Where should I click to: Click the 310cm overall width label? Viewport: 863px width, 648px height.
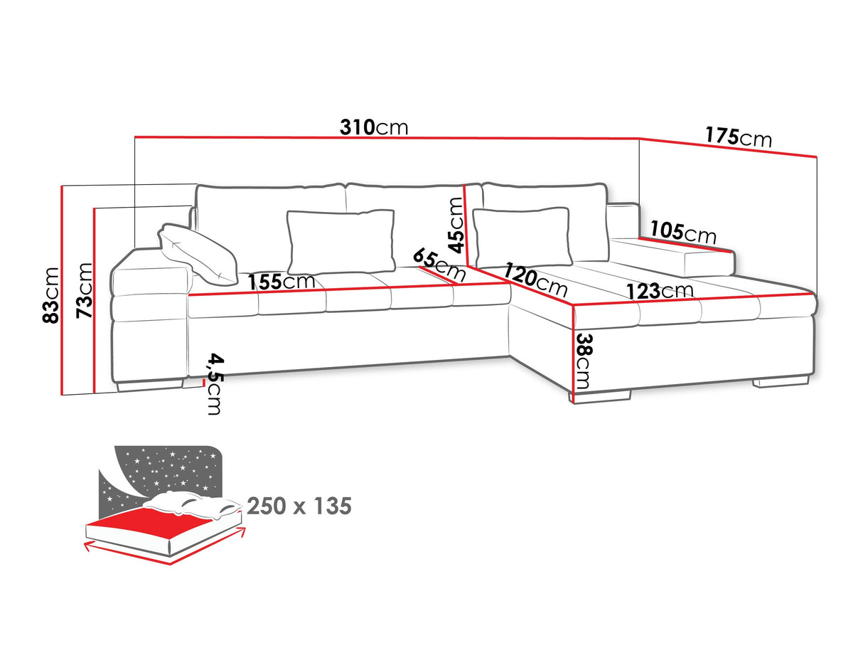pyautogui.click(x=374, y=127)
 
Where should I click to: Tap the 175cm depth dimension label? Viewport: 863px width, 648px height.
pyautogui.click(x=738, y=136)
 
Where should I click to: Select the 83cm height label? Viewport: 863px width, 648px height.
pyautogui.click(x=51, y=295)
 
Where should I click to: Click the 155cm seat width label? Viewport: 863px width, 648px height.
pyautogui.click(x=282, y=282)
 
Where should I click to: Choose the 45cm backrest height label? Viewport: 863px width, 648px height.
pyautogui.click(x=456, y=225)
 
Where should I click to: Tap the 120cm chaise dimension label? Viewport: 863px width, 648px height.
pyautogui.click(x=536, y=280)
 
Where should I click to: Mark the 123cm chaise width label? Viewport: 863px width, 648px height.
pyautogui.click(x=659, y=290)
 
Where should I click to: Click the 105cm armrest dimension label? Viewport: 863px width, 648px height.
pyautogui.click(x=683, y=232)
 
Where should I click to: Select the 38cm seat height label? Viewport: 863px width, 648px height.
pyautogui.click(x=583, y=361)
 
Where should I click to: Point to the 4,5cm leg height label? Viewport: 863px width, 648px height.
pyautogui.click(x=213, y=383)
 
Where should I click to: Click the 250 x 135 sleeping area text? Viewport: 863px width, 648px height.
pyautogui.click(x=299, y=506)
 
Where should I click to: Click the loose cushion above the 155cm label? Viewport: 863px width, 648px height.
pyautogui.click(x=341, y=239)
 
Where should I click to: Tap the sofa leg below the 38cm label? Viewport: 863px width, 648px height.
pyautogui.click(x=601, y=397)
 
